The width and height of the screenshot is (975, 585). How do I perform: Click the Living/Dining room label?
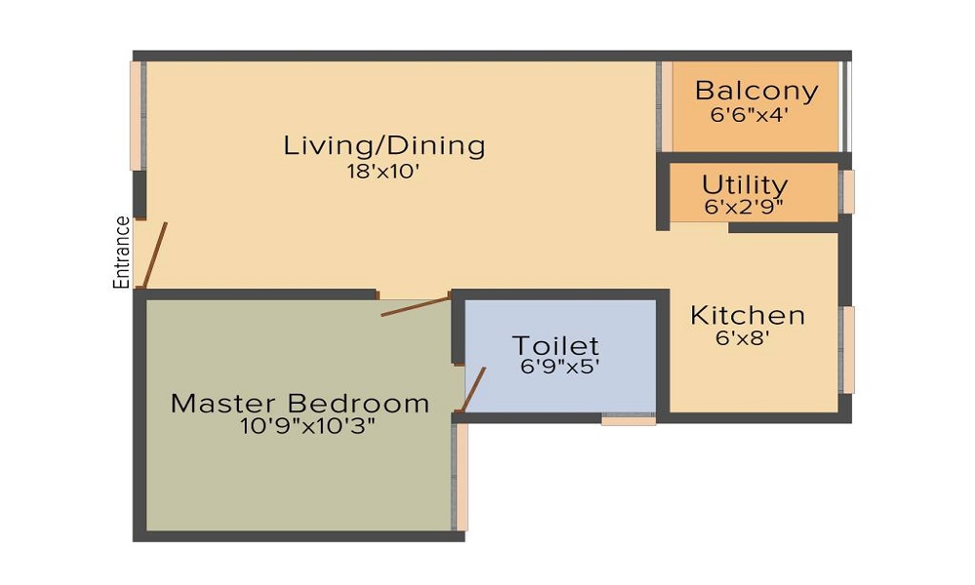(384, 146)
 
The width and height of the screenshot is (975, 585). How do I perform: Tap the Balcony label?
(756, 91)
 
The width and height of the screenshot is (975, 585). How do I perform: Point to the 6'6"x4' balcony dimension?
(749, 113)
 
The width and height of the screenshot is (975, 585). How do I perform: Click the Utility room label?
(745, 184)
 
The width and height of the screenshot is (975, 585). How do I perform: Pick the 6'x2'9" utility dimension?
(744, 206)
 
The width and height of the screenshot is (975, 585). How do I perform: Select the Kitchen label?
(748, 316)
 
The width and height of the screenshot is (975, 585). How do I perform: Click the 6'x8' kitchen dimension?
(743, 338)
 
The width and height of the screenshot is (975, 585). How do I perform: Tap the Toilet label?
(556, 345)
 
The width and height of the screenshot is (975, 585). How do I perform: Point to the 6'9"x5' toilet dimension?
(560, 367)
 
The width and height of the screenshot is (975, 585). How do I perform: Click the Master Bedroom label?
(299, 403)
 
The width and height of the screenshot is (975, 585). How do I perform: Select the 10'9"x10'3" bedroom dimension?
(307, 426)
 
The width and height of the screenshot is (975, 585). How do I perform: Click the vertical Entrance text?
(123, 252)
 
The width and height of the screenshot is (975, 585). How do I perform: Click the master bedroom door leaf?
(415, 304)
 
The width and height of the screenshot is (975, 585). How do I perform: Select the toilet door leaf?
(473, 390)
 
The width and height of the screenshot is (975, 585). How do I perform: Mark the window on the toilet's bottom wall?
(628, 420)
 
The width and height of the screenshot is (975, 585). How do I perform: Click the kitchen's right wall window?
(848, 350)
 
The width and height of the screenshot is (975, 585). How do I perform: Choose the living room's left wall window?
(137, 116)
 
